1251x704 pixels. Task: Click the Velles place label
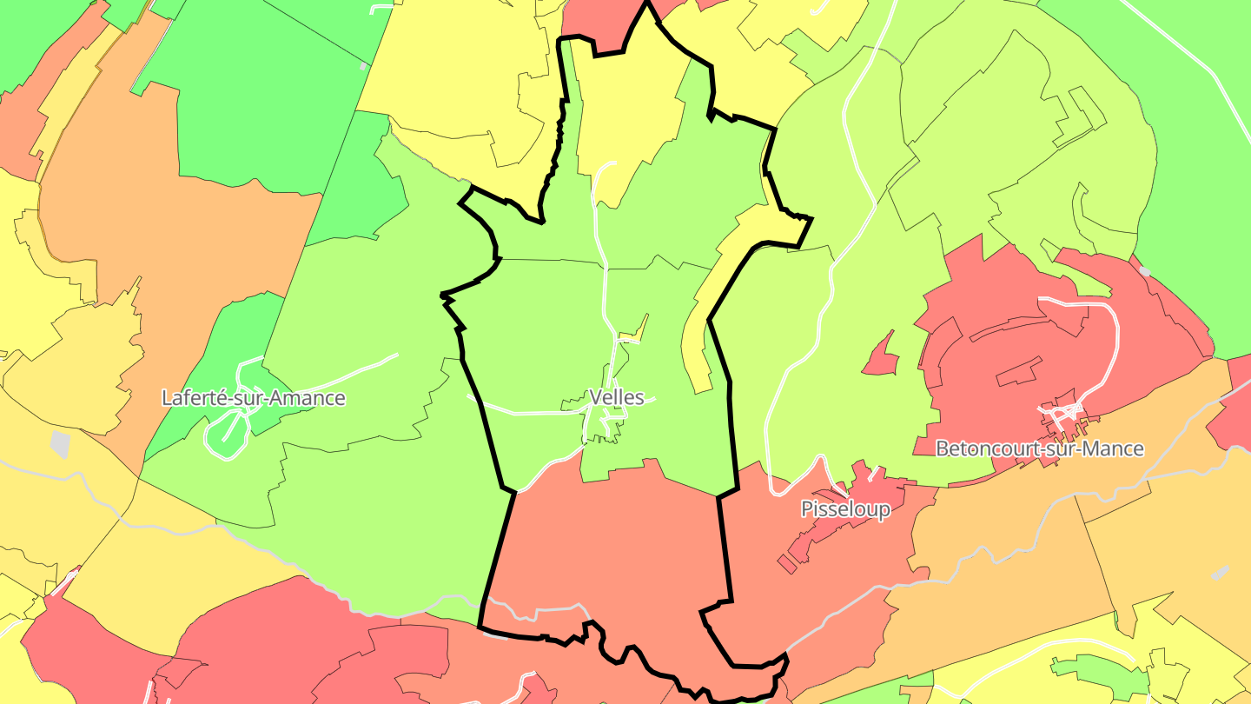click(617, 397)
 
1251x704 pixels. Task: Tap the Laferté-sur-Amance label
click(254, 398)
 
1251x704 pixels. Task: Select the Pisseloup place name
click(845, 508)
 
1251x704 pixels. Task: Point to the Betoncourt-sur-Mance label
click(1039, 448)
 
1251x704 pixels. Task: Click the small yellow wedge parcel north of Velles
click(639, 329)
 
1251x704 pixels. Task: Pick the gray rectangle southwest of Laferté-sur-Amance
click(59, 443)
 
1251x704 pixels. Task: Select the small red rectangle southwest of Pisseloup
click(786, 563)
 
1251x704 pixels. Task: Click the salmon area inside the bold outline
click(608, 556)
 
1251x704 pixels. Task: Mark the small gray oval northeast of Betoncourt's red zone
click(1144, 271)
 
